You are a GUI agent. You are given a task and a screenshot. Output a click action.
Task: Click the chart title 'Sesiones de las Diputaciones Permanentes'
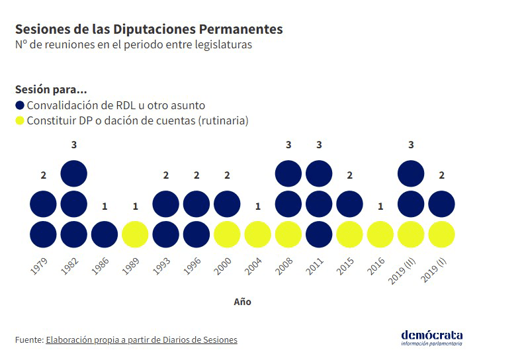point(149,30)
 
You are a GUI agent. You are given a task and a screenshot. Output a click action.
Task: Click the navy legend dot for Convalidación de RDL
point(20,105)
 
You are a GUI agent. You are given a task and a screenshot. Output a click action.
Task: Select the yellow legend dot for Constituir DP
point(20,121)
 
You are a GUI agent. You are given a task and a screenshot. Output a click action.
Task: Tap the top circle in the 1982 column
point(73,173)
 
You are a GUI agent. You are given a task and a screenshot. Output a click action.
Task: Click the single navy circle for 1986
point(105,234)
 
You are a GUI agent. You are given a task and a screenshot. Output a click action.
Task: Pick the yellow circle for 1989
point(135,234)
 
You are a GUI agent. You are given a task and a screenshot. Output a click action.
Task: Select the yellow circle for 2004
point(258,234)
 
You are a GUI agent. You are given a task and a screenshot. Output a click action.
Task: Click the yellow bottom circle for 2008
point(288,234)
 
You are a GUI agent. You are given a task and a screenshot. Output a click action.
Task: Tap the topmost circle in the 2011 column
point(319,173)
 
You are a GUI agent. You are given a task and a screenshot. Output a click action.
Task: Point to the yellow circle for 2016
point(380,234)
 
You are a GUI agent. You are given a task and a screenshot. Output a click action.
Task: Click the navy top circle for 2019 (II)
point(411,173)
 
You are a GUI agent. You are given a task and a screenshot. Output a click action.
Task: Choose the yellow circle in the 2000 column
point(227,234)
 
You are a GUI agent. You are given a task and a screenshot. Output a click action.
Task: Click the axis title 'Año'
point(242,302)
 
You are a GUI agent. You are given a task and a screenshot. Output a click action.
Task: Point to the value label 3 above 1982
point(73,145)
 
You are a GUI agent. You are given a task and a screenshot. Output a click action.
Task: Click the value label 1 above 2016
point(380,206)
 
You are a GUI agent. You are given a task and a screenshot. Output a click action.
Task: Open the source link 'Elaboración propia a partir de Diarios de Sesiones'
point(142,340)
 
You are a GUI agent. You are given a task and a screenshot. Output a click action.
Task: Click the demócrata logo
point(431,337)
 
